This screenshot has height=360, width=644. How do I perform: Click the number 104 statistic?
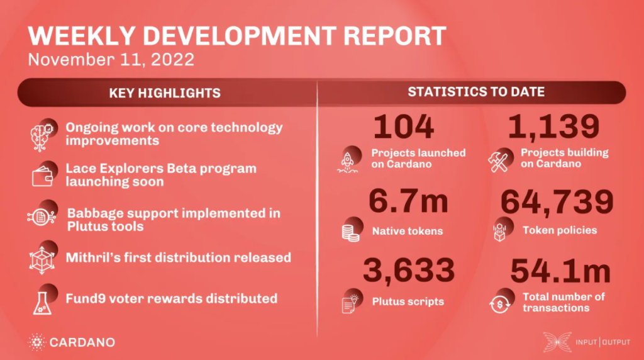(x=403, y=127)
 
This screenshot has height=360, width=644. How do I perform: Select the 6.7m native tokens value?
(x=409, y=201)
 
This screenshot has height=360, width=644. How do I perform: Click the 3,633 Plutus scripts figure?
(x=409, y=271)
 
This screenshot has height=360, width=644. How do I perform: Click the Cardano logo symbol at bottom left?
(x=37, y=342)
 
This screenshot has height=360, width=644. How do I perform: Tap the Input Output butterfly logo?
(x=557, y=342)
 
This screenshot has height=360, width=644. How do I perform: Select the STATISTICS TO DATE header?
(x=476, y=92)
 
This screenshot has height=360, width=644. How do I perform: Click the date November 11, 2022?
(x=111, y=60)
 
